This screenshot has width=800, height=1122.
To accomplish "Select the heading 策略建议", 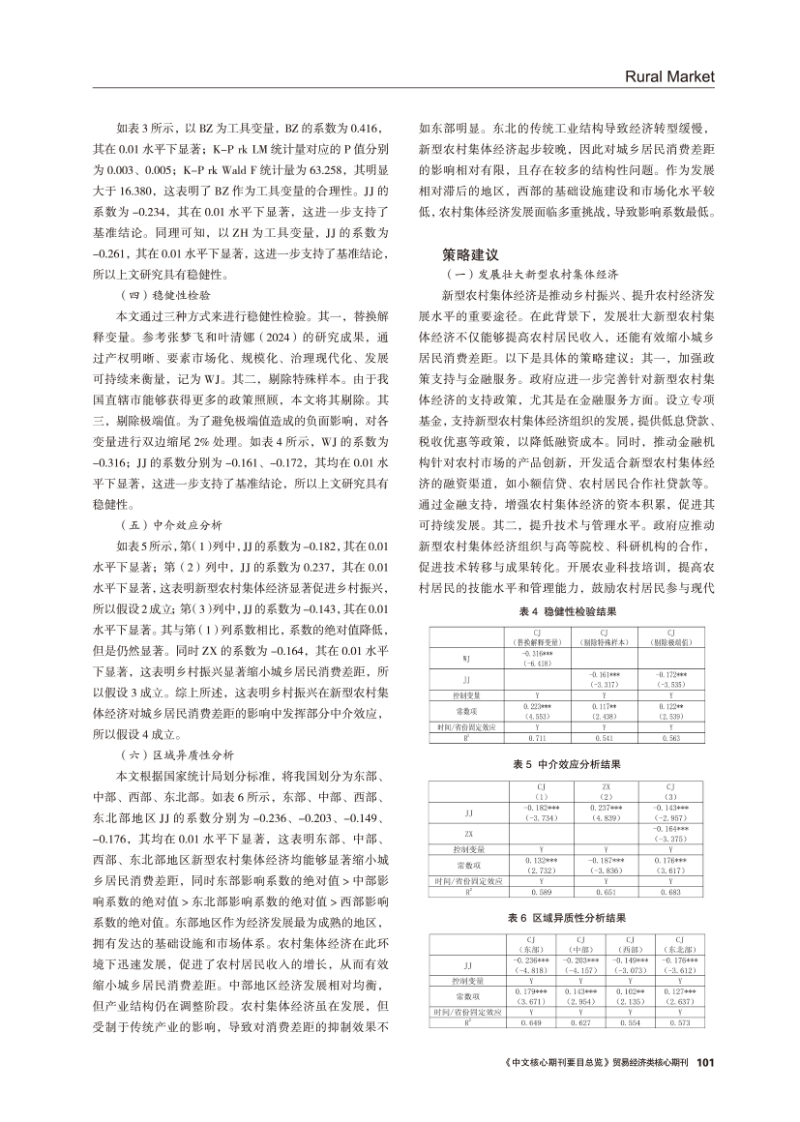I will point(470,255).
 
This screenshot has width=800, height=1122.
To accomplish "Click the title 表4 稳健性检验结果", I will point(565,612).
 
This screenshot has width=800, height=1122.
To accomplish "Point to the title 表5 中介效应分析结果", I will point(565,764).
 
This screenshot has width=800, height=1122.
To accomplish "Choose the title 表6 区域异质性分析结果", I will point(565,916).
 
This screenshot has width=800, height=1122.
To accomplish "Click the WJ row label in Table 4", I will point(466,659).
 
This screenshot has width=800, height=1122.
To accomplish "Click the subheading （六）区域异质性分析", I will point(178,727).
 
